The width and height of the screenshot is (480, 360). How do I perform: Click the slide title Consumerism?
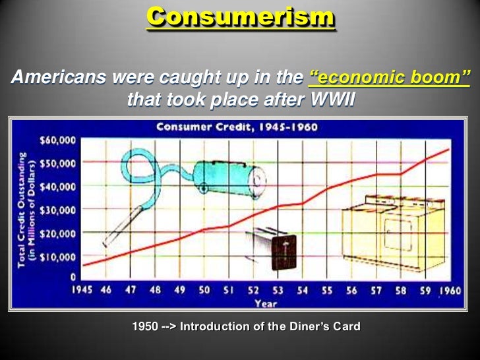pyautogui.click(x=240, y=18)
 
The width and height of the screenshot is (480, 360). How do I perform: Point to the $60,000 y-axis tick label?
pyautogui.click(x=58, y=140)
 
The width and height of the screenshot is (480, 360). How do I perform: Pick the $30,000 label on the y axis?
pyautogui.click(x=58, y=210)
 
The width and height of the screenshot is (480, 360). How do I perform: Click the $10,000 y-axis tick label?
pyautogui.click(x=58, y=256)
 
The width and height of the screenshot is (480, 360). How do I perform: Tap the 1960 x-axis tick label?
pyautogui.click(x=450, y=290)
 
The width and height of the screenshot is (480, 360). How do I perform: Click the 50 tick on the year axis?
pyautogui.click(x=204, y=290)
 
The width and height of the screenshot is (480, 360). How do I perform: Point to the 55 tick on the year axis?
pyautogui.click(x=326, y=290)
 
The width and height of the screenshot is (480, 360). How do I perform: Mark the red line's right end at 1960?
pyautogui.click(x=449, y=149)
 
